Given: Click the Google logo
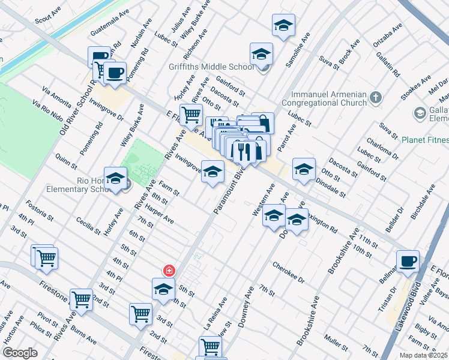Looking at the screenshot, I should (x=20, y=353).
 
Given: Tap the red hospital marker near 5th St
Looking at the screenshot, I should (x=170, y=271).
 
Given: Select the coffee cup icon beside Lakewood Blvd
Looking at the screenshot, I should (x=408, y=261).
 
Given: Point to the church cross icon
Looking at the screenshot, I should (x=376, y=97).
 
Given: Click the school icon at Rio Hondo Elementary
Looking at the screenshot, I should (x=115, y=179).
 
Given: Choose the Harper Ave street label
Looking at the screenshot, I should (x=160, y=217).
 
